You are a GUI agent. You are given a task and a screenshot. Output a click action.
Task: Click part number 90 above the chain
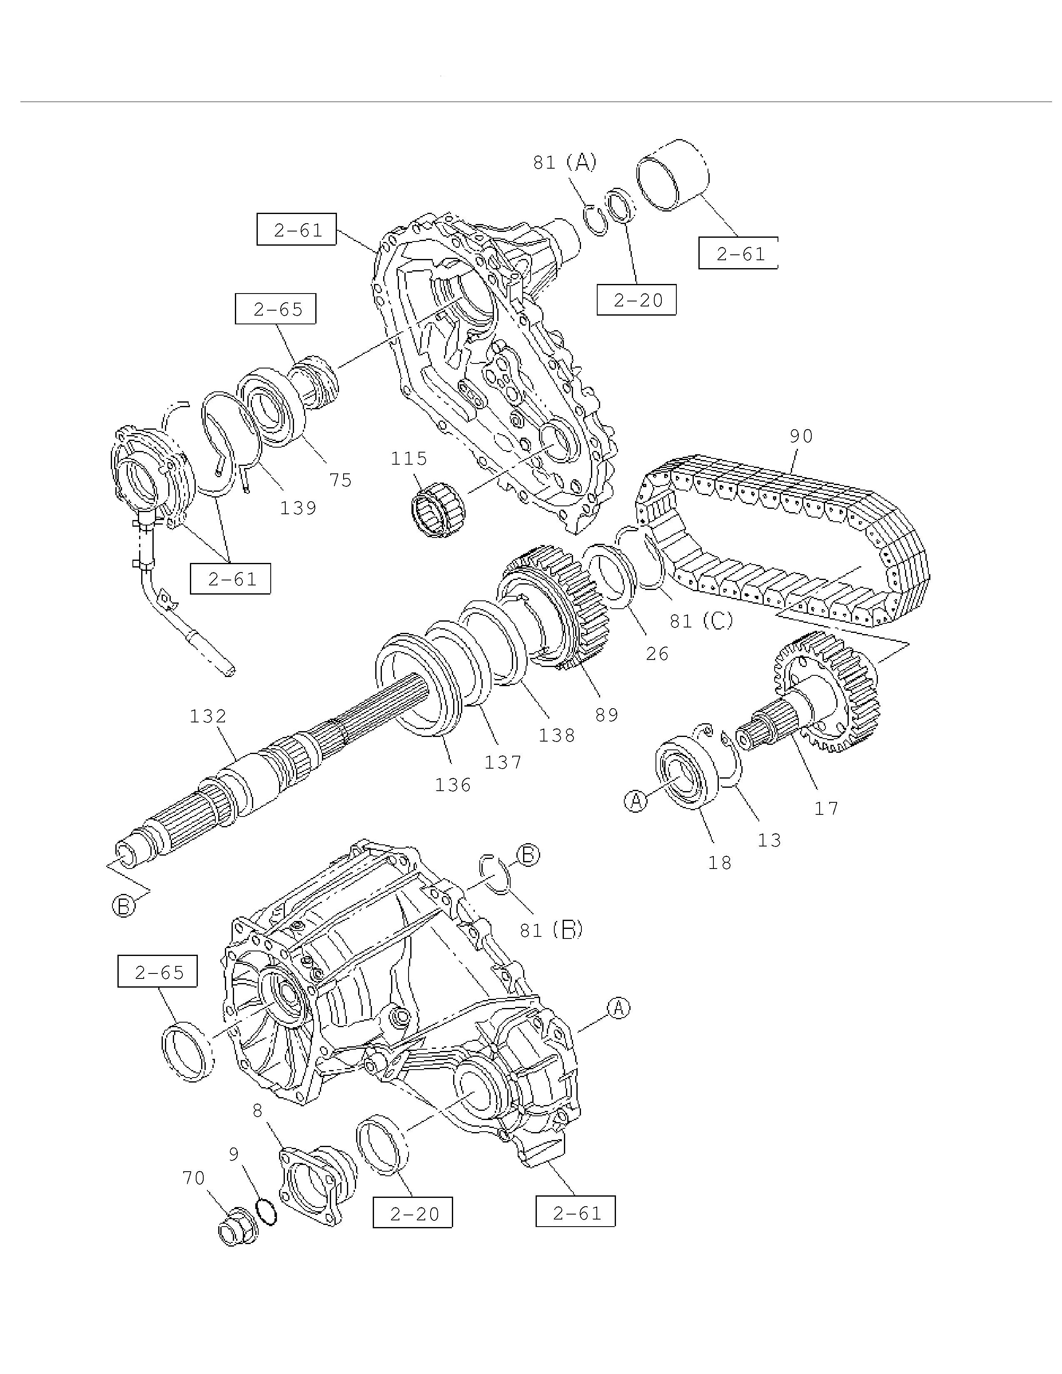point(800,436)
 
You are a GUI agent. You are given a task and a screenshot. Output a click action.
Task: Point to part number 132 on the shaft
point(208,716)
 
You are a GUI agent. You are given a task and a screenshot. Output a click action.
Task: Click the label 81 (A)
point(564,162)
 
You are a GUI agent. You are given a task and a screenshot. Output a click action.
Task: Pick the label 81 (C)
point(701,621)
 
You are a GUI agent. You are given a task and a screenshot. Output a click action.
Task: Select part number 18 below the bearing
point(720,863)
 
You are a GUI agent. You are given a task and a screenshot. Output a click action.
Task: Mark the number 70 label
point(194,1178)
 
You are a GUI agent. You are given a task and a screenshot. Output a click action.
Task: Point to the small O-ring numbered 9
point(266,1212)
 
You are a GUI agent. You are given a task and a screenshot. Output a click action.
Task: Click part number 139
point(298,508)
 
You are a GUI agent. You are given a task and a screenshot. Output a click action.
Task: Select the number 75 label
point(340,480)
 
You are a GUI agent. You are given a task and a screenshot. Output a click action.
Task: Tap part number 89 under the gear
point(606,714)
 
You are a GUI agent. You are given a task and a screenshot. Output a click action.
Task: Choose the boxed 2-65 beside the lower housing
point(157,973)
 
